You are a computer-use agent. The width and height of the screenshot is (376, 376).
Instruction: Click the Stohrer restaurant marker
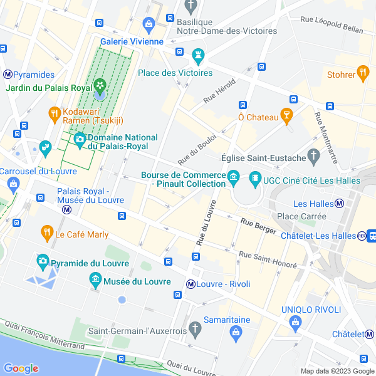tap(362, 73)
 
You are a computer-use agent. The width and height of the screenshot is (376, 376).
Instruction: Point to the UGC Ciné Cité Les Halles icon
tap(255, 179)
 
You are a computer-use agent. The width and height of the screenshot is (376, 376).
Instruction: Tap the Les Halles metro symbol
tap(339, 203)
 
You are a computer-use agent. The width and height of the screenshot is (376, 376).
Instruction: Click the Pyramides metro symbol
tap(8, 74)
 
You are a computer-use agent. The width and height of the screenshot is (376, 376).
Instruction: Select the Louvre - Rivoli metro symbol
tap(190, 284)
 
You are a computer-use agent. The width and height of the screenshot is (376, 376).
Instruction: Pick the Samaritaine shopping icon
tap(235, 331)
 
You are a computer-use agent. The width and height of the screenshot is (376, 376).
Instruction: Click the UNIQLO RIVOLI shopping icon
tap(295, 322)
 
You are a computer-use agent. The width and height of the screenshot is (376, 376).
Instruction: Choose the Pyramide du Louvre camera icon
tap(43, 260)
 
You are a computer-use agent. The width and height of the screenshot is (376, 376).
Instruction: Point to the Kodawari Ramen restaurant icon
tap(54, 113)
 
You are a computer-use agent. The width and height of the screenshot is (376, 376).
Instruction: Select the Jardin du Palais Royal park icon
tap(99, 85)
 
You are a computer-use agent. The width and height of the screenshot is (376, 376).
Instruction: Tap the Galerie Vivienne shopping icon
tap(149, 25)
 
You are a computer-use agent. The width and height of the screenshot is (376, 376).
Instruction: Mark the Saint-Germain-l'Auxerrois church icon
tap(195, 328)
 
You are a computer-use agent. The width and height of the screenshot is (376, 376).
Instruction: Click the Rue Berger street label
tap(258, 226)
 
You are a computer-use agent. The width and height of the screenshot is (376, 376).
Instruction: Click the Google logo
tap(21, 368)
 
